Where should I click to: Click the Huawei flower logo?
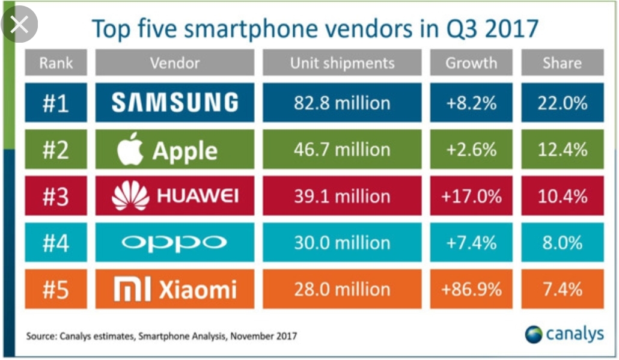(x=130, y=195)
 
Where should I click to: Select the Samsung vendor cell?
(x=175, y=103)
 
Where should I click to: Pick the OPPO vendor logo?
(x=174, y=243)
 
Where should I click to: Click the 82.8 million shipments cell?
(x=342, y=103)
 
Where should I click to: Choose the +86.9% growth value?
(x=471, y=290)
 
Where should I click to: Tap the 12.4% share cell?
(x=562, y=149)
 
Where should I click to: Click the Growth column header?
(x=471, y=63)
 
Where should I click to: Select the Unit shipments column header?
(x=342, y=63)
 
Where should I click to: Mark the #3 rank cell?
(x=56, y=196)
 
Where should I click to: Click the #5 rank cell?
(x=56, y=290)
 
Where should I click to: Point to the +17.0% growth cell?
(x=471, y=196)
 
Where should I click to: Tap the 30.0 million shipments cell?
(x=342, y=243)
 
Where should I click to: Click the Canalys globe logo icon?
(x=533, y=334)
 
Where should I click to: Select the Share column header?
(x=562, y=63)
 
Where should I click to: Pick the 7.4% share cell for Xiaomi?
(x=562, y=290)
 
